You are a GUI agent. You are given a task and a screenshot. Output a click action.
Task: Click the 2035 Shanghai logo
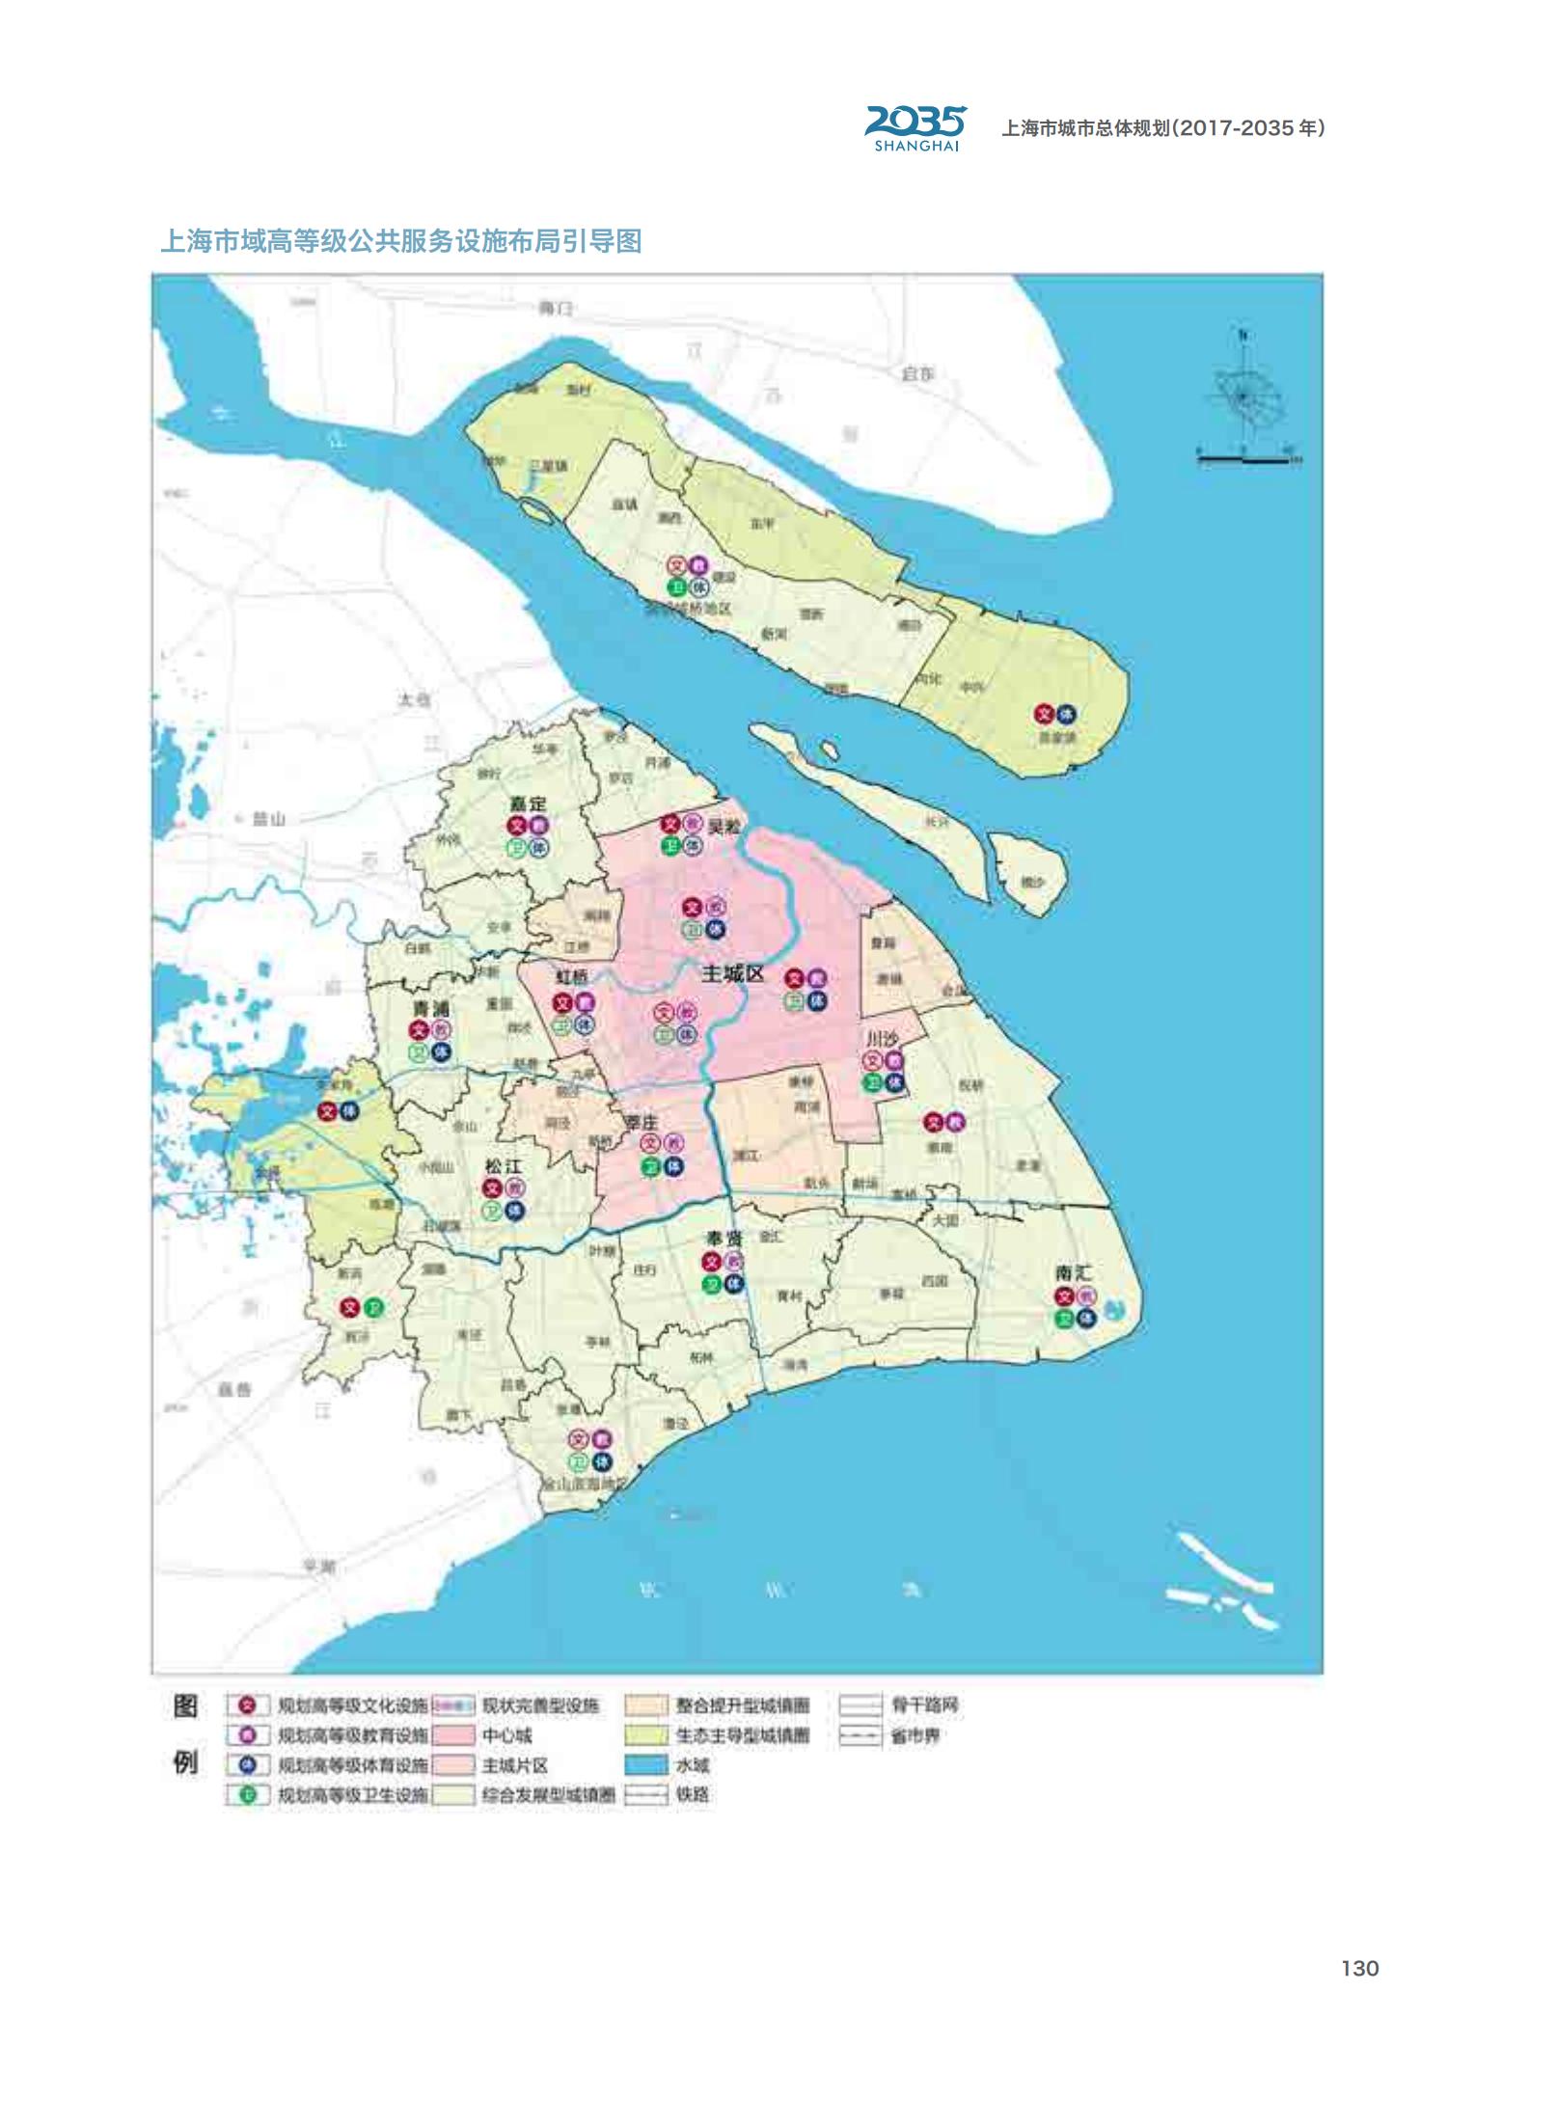(915, 127)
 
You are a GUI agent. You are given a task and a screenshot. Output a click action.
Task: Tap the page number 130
(1359, 1968)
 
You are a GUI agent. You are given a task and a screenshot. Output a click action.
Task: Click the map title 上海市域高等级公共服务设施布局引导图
(401, 240)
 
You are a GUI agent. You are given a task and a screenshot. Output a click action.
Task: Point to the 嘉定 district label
(529, 804)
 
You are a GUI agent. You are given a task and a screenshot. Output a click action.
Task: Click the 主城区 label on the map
(733, 973)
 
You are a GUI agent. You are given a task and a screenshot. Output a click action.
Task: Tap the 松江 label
(504, 1166)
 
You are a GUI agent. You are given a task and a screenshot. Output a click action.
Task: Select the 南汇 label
(1073, 1273)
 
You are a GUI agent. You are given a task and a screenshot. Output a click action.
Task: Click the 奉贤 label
(724, 1238)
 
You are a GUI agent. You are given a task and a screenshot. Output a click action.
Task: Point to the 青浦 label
(430, 1008)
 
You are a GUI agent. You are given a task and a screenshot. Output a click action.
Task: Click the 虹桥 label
(572, 977)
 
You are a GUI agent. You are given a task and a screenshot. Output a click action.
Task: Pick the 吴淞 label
(724, 827)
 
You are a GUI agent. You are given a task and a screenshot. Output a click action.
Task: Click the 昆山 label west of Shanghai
(269, 819)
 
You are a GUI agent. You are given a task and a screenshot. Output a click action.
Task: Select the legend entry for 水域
(693, 1765)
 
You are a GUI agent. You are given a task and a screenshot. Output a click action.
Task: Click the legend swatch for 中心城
(454, 1735)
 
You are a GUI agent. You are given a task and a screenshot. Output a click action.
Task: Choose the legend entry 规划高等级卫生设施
(352, 1795)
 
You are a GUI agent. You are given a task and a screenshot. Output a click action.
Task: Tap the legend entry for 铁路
(693, 1795)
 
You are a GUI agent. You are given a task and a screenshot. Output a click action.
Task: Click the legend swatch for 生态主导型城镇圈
(646, 1735)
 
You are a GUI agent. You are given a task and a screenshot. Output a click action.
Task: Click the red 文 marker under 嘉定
(517, 826)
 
